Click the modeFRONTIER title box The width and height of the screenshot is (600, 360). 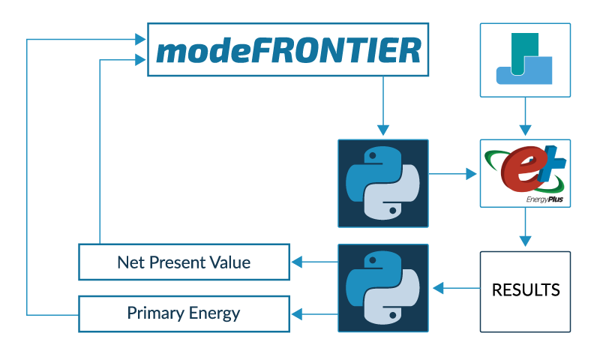[x=288, y=49]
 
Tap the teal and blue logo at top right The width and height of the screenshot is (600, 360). [x=524, y=60]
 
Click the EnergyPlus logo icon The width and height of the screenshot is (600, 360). [x=524, y=169]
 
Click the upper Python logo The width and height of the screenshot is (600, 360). [x=383, y=183]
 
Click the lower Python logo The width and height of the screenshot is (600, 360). [x=383, y=287]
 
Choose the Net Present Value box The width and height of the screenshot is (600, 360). [x=184, y=262]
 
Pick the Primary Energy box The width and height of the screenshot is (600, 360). [x=184, y=313]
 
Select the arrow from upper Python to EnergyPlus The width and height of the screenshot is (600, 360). [x=453, y=174]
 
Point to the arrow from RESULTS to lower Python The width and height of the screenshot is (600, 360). [x=457, y=287]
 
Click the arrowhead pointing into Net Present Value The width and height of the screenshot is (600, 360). [x=297, y=262]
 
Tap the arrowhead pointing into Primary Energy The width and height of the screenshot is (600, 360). [x=297, y=313]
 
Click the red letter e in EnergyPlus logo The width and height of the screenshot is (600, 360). [x=520, y=169]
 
